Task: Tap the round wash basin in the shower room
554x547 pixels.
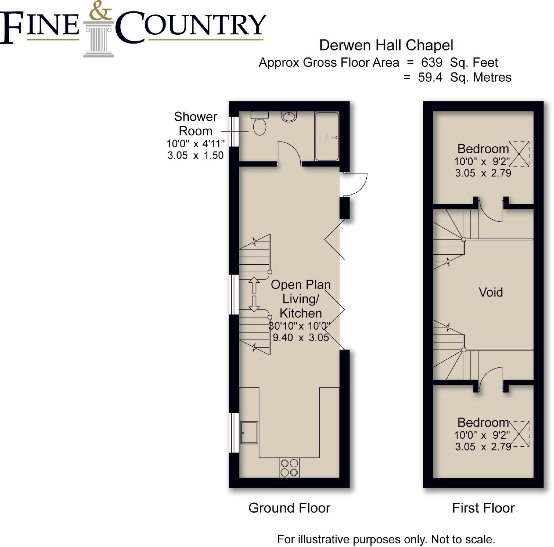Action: coord(289,116)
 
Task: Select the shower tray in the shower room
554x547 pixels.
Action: coord(327,136)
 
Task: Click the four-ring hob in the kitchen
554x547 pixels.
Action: coord(289,468)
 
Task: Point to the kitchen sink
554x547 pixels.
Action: coord(249,432)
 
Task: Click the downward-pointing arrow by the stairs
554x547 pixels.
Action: coord(254,304)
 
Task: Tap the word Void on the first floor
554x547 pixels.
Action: coord(491,292)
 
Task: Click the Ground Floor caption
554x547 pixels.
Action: coord(289,508)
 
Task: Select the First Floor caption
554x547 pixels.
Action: coord(483,508)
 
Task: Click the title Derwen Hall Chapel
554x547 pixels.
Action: coord(386,45)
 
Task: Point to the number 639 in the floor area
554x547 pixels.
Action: coord(431,62)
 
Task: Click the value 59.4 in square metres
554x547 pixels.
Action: coord(430,77)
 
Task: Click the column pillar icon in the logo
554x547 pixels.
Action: coord(99,39)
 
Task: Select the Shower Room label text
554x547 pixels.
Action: coord(196,124)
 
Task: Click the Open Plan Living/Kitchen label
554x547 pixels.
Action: coord(301,299)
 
